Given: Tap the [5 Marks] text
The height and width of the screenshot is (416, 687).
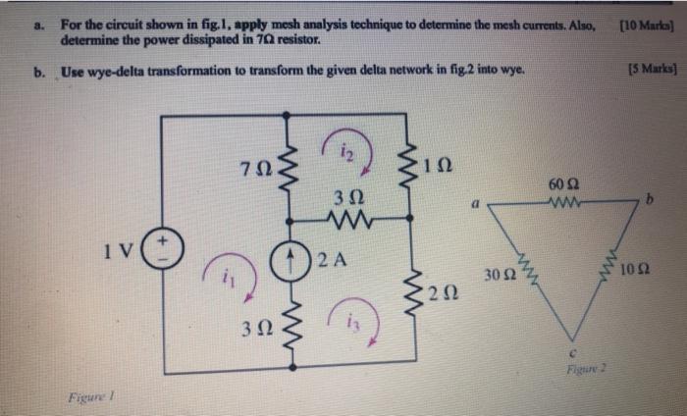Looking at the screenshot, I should [x=643, y=71].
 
